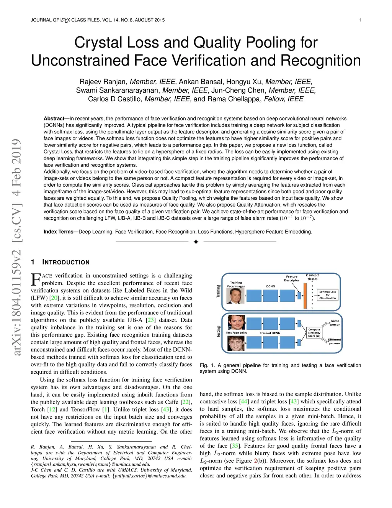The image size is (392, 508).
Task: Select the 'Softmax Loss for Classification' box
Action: tap(327, 295)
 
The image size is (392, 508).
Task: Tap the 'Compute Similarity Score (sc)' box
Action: tap(314, 332)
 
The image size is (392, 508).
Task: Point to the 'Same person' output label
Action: tap(335, 323)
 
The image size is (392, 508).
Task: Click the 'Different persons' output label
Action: tap(334, 341)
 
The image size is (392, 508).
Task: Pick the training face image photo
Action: tap(235, 296)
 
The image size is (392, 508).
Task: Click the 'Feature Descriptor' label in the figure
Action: tap(292, 278)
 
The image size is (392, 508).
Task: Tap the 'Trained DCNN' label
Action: tap(270, 333)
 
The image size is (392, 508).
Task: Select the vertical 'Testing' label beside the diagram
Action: tap(219, 332)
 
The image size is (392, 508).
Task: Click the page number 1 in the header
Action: tap(360, 20)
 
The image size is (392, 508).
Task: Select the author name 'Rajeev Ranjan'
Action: tap(103, 82)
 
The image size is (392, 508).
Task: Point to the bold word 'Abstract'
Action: tap(54, 119)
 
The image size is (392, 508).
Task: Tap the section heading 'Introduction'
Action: tap(66, 262)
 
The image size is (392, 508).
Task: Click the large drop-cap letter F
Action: tap(36, 279)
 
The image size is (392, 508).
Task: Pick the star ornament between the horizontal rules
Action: tap(196, 242)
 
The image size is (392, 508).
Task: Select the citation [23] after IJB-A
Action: tap(151, 320)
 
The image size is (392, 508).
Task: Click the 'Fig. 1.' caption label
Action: tap(207, 365)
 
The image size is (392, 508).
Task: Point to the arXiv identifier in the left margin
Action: tap(16, 303)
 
